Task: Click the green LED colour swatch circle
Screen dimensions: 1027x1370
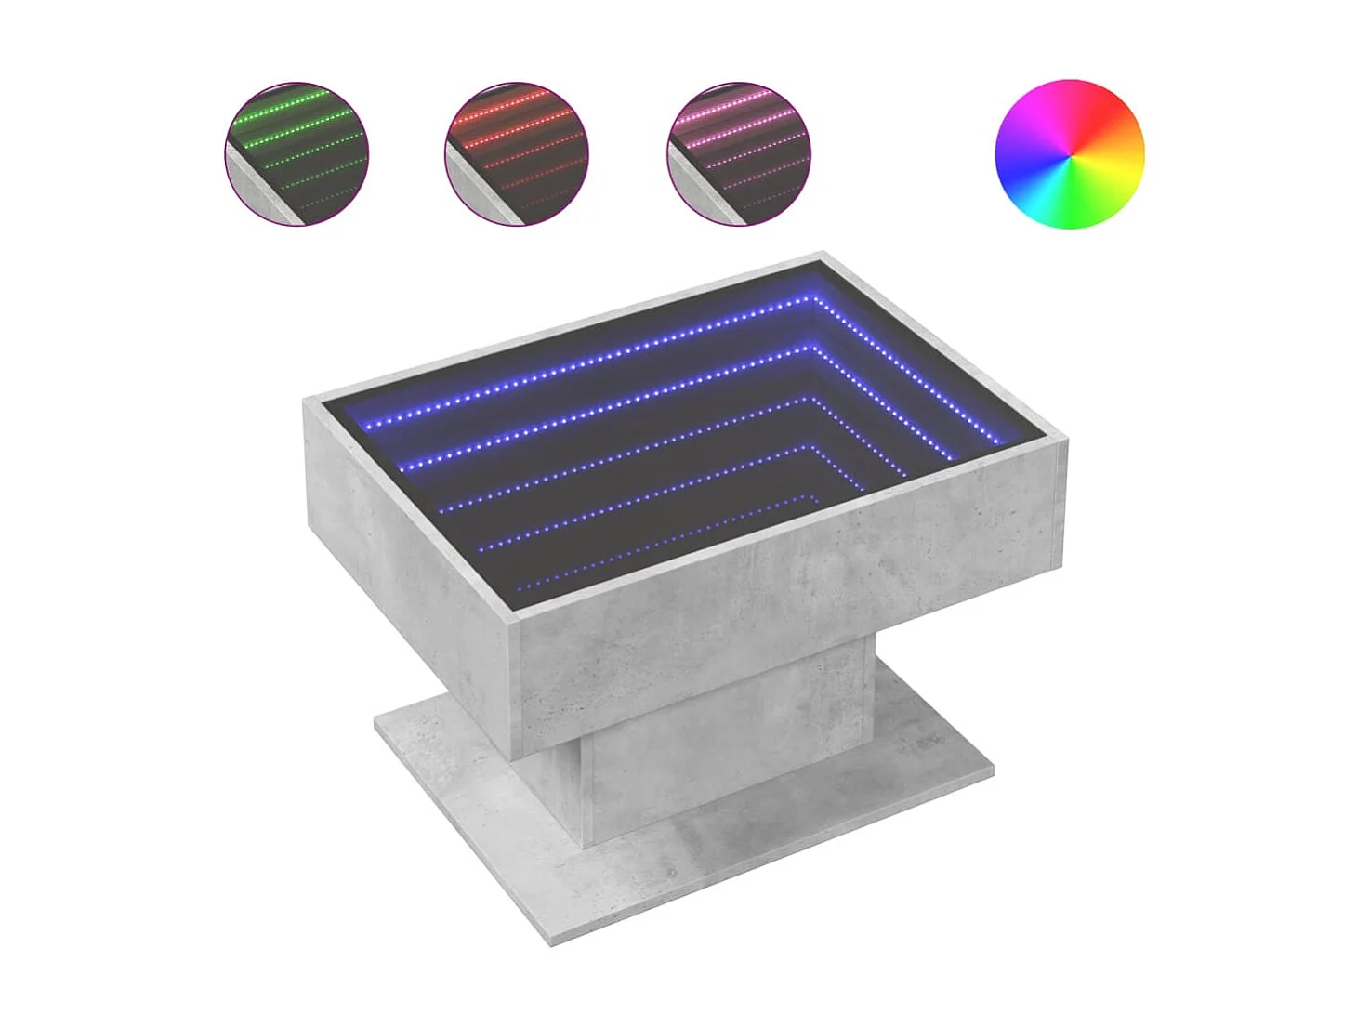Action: [296, 154]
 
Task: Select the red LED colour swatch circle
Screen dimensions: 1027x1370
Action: [517, 154]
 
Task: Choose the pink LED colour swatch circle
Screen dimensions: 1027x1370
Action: [738, 154]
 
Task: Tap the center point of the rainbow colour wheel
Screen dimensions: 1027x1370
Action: [1070, 154]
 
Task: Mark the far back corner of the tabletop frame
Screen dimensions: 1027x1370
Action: [822, 254]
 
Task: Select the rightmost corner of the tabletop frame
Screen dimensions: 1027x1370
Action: [1063, 444]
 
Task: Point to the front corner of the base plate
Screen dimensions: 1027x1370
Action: [552, 942]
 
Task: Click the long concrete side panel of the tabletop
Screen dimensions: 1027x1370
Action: [790, 604]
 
